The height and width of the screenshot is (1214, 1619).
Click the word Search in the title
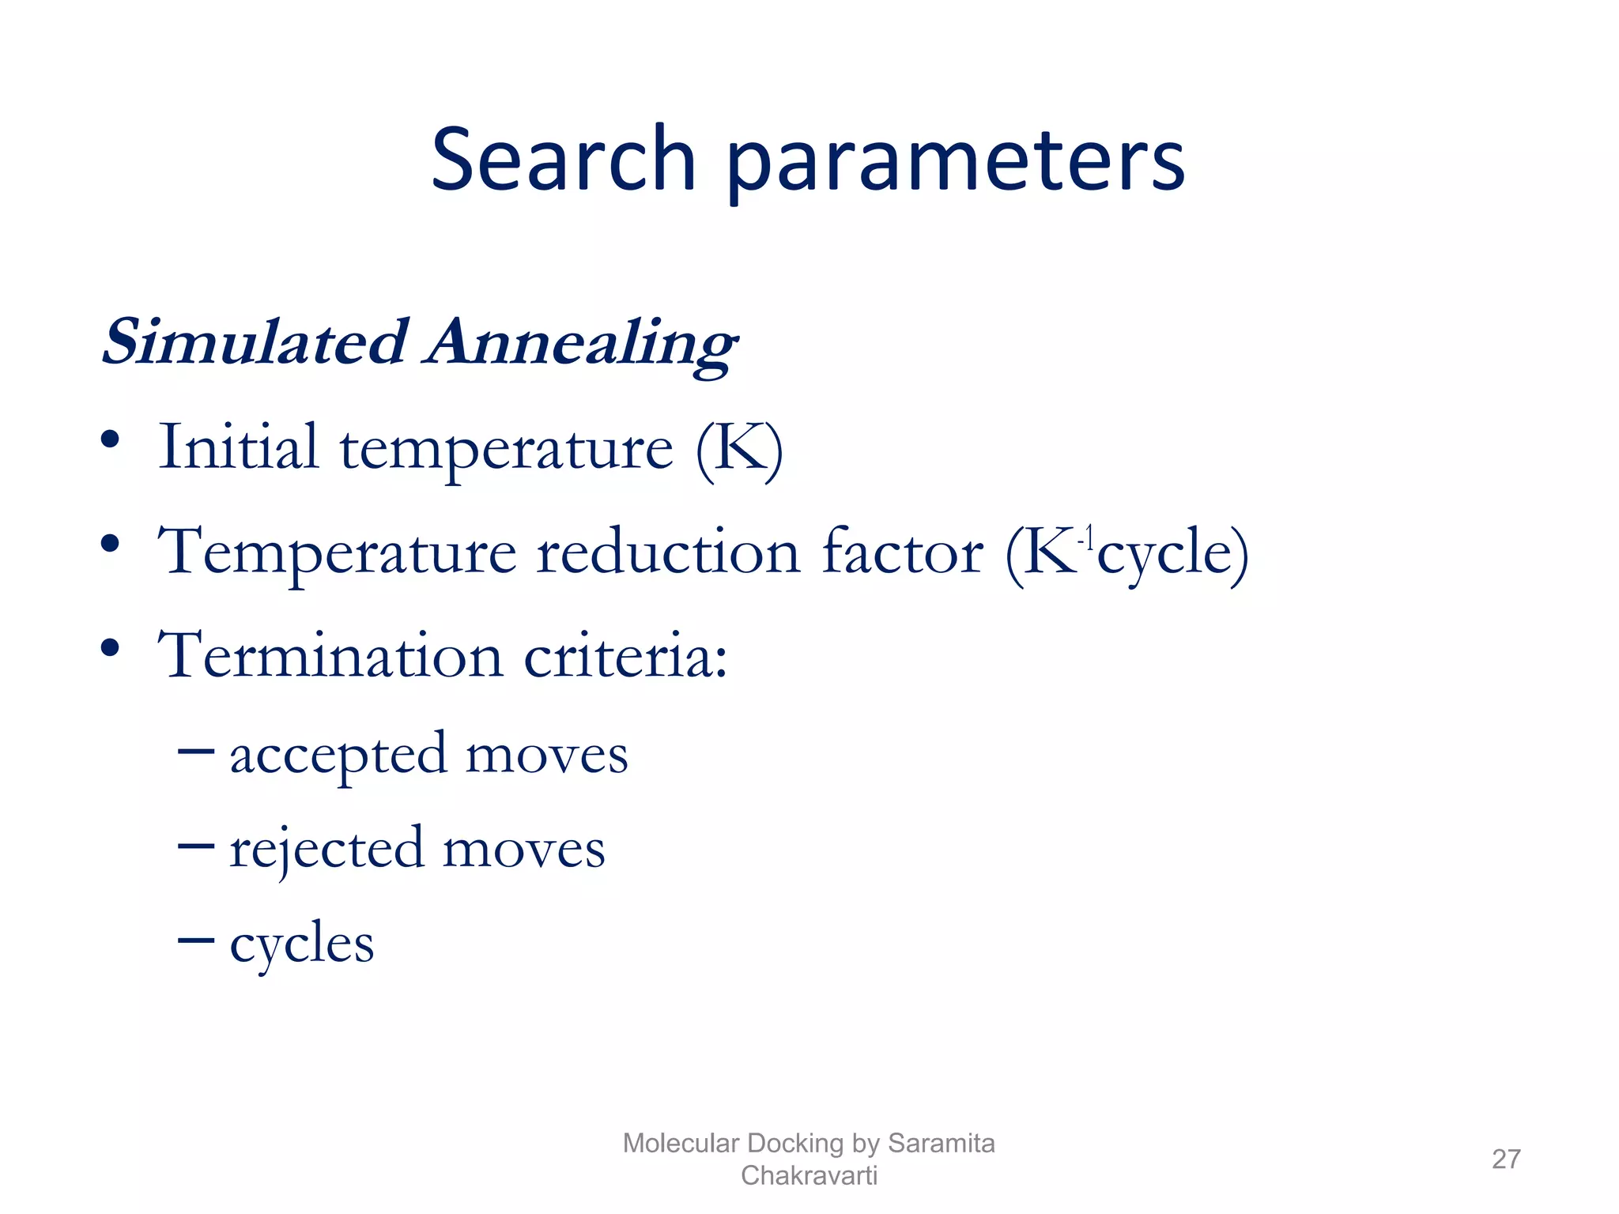563,160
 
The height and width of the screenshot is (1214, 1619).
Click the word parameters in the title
955,164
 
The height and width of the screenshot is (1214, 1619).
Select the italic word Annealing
581,345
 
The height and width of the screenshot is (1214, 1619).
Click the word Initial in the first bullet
239,447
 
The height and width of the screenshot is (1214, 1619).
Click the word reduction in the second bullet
668,552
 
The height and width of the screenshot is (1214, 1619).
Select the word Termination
330,655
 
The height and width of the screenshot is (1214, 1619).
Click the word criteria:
625,655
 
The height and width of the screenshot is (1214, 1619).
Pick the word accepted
338,755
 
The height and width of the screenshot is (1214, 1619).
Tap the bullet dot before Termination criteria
110,648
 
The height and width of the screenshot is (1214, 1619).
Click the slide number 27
1505,1159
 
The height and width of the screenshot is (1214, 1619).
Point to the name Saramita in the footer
941,1143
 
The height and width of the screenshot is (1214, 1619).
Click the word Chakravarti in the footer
809,1175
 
